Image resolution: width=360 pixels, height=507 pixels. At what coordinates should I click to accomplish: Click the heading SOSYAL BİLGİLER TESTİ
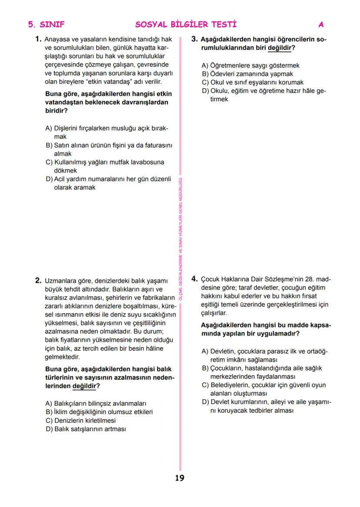[x=186, y=24]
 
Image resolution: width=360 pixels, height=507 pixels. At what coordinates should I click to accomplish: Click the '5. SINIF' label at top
[x=47, y=24]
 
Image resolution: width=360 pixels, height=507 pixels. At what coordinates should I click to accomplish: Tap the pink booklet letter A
[x=321, y=24]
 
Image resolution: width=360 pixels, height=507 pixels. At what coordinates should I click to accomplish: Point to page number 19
[x=180, y=478]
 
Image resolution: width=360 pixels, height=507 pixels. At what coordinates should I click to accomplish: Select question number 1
[x=38, y=39]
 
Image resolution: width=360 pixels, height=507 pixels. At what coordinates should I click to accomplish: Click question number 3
[x=194, y=39]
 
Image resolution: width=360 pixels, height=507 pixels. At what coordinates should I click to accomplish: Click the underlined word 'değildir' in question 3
[x=279, y=48]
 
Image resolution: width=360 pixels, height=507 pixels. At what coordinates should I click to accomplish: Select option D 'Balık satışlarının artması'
[x=86, y=429]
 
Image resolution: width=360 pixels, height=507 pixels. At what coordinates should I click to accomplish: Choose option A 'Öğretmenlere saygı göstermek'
[x=250, y=66]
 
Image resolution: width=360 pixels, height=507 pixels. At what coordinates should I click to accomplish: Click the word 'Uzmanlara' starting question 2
[x=60, y=281]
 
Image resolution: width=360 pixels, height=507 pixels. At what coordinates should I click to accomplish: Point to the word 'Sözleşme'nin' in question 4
[x=283, y=279]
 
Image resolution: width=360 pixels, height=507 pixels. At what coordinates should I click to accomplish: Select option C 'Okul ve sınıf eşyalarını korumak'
[x=253, y=82]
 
